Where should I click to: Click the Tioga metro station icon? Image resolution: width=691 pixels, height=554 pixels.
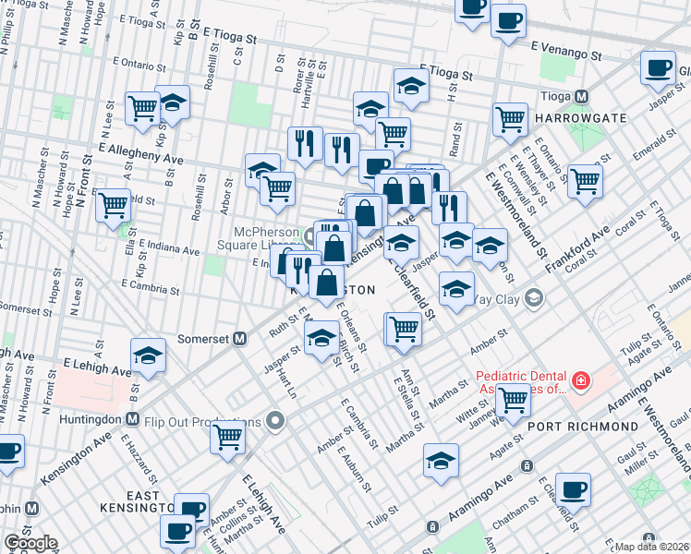pos(582,96)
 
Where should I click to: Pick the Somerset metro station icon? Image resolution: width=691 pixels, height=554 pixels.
pos(239,338)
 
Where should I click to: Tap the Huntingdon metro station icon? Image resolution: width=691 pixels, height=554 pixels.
pos(132,419)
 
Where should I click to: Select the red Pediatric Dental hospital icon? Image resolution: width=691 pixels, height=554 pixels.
pos(579,380)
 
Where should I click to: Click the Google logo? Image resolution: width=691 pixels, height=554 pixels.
pos(31,543)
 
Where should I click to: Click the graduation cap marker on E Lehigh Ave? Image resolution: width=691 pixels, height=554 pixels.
pos(148,355)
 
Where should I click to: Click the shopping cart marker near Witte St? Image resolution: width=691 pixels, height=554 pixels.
pos(513,400)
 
